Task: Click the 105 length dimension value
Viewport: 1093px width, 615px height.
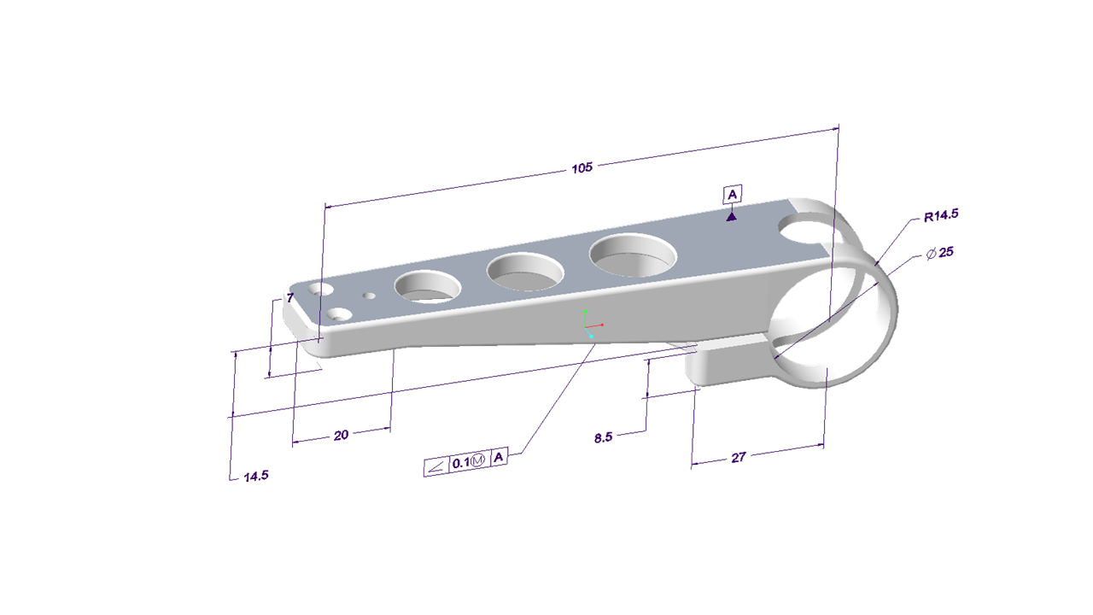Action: (x=582, y=168)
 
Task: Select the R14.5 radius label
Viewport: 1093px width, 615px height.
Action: (x=941, y=215)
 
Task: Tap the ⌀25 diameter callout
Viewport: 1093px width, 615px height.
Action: (x=939, y=253)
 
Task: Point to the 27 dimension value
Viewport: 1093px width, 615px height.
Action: (x=739, y=457)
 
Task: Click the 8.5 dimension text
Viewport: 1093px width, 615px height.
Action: (x=603, y=437)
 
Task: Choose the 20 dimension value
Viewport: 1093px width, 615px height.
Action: (x=341, y=435)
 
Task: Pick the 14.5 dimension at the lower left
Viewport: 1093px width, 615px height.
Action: (x=256, y=477)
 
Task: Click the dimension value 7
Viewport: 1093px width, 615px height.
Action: (x=290, y=298)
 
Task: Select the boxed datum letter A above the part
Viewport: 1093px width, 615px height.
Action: (x=732, y=195)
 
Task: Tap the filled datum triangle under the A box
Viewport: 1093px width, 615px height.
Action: (x=731, y=217)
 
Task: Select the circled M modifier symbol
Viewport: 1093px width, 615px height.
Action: (x=478, y=460)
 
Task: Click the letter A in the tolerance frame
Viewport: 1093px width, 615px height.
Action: (x=499, y=457)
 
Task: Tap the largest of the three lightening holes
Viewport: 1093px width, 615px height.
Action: (x=633, y=255)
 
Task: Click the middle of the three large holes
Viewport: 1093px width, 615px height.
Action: (x=525, y=272)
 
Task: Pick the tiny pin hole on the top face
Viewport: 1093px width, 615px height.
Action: (x=370, y=296)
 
